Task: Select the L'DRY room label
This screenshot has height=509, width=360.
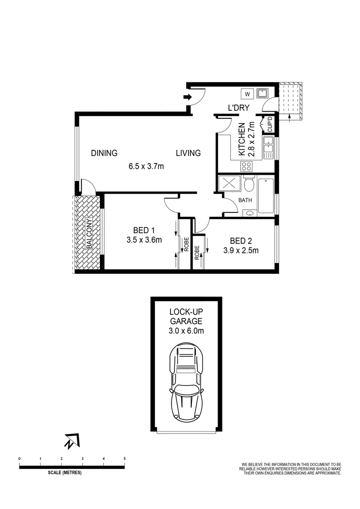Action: click(x=238, y=108)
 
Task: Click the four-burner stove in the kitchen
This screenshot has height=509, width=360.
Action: click(x=246, y=166)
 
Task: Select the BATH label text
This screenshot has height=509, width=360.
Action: click(x=245, y=200)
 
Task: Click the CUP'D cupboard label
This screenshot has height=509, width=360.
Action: click(x=270, y=124)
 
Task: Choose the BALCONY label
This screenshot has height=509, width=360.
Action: click(x=89, y=234)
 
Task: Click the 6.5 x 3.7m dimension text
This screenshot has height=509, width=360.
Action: click(x=146, y=166)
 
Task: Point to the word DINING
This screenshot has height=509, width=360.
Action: click(x=104, y=153)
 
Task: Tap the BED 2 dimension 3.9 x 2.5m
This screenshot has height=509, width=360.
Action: click(x=241, y=251)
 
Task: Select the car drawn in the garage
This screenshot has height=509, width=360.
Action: click(x=186, y=381)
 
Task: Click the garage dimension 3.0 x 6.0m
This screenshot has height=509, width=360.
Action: click(x=186, y=331)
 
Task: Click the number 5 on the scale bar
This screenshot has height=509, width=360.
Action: click(x=124, y=458)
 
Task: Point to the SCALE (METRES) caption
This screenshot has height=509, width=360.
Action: click(x=65, y=473)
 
